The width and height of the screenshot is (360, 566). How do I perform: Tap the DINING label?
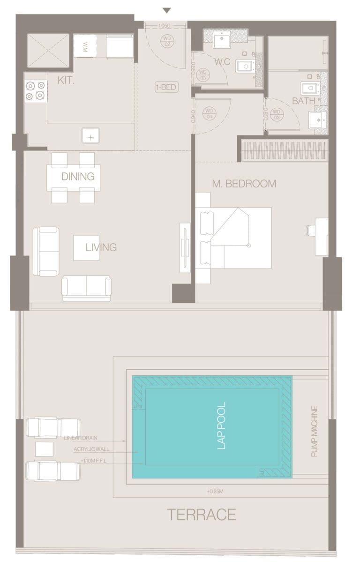tap(78, 177)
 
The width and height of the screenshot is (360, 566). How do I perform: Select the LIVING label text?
tap(101, 247)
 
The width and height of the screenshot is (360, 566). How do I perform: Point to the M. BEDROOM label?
tap(244, 184)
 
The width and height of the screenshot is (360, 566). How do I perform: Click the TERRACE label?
tap(202, 515)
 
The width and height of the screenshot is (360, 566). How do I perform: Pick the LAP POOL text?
tap(222, 425)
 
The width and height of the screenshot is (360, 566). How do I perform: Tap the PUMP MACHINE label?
tap(315, 432)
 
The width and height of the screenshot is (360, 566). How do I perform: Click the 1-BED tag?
tap(166, 87)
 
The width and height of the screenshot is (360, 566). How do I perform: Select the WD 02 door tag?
tap(166, 40)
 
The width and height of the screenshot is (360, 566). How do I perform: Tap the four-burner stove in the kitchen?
tap(36, 90)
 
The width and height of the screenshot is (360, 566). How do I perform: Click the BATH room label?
tap(303, 101)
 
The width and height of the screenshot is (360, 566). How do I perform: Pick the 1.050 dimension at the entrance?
tap(164, 26)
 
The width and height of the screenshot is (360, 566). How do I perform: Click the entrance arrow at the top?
tap(166, 10)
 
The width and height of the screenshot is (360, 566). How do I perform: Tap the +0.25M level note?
tap(214, 492)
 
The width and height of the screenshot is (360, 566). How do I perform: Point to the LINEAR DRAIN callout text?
tap(81, 438)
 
